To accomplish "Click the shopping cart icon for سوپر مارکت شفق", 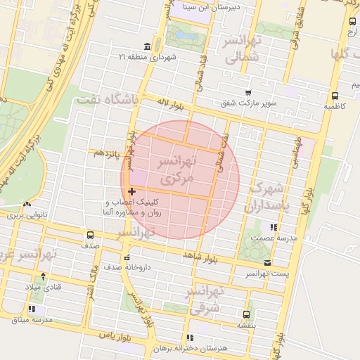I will click(248, 92).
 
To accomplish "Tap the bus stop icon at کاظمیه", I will click(334, 96).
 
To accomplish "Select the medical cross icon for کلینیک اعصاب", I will click(131, 191).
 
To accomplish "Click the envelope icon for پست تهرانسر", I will click(267, 262).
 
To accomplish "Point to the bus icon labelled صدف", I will click(90, 236).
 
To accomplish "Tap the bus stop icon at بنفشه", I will click(246, 314).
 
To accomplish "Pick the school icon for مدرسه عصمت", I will click(274, 227).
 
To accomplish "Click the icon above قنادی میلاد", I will click(44, 276).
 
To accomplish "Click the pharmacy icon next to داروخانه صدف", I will click(127, 257).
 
